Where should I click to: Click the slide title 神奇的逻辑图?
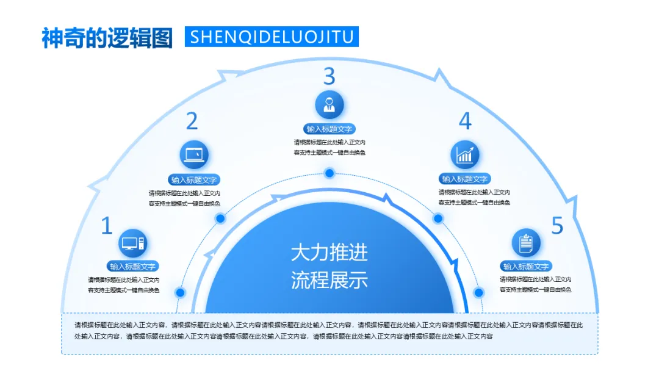[107, 37]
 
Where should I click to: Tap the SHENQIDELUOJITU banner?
[272, 37]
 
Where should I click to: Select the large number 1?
[107, 226]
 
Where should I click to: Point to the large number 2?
[192, 121]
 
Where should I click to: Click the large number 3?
[329, 76]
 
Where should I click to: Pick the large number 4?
[465, 121]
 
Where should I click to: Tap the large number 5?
[557, 226]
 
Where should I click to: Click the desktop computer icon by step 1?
[133, 243]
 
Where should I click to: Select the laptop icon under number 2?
[195, 155]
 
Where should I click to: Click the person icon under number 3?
[329, 104]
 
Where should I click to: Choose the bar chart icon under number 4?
[465, 155]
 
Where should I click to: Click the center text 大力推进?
[329, 252]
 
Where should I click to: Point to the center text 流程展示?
[329, 281]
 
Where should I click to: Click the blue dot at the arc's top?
[329, 173]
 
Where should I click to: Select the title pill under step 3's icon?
[329, 129]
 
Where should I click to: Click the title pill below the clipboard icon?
[526, 267]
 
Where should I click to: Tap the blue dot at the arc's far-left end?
[180, 292]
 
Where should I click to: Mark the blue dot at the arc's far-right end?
[479, 292]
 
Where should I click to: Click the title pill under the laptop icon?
[195, 180]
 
